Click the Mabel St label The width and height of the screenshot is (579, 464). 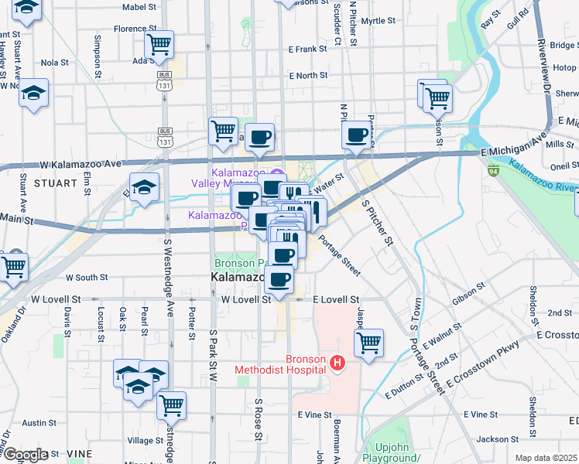(139, 7)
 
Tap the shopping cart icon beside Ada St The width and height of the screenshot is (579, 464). (159, 45)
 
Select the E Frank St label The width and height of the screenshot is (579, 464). (308, 49)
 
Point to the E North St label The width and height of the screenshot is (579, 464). (308, 76)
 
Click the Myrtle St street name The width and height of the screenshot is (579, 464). (378, 21)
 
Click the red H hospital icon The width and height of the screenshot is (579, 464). (336, 362)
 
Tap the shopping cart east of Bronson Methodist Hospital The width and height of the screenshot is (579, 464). (369, 343)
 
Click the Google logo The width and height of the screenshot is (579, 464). (25, 455)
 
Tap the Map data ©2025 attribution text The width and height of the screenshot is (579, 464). (545, 458)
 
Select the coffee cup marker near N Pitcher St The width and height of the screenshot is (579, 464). (356, 135)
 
